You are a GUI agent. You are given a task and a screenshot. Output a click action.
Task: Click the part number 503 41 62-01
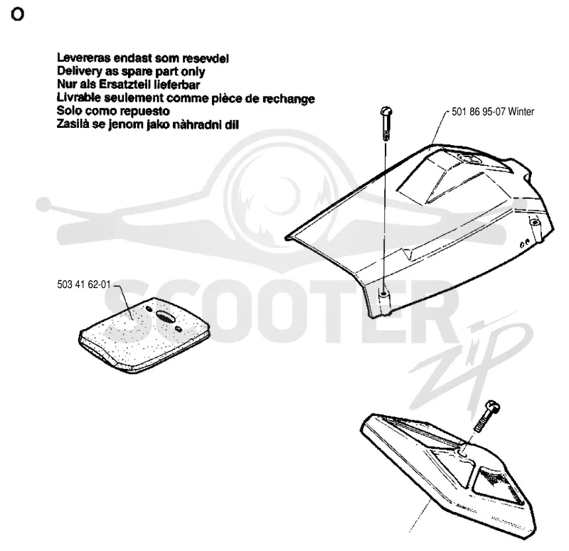coord(84,284)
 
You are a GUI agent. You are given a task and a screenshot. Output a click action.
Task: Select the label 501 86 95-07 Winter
coord(493,112)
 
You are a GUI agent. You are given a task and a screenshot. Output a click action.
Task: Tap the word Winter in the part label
coord(521,112)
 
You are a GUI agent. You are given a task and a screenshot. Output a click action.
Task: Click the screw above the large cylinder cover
coord(386,123)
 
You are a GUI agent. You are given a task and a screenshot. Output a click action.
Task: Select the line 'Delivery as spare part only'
coord(131,72)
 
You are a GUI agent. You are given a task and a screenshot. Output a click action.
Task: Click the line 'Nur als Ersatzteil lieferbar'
coord(129,85)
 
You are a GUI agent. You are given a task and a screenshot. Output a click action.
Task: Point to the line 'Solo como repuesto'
coord(113,111)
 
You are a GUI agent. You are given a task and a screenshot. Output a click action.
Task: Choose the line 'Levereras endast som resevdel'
coord(143,58)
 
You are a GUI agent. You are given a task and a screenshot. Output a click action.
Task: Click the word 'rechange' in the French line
coord(289,98)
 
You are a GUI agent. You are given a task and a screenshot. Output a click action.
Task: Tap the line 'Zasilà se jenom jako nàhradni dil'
coord(148,124)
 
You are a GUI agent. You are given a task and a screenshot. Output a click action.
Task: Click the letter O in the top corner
coord(17,14)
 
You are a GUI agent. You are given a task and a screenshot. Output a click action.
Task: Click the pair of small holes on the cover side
coord(525,243)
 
